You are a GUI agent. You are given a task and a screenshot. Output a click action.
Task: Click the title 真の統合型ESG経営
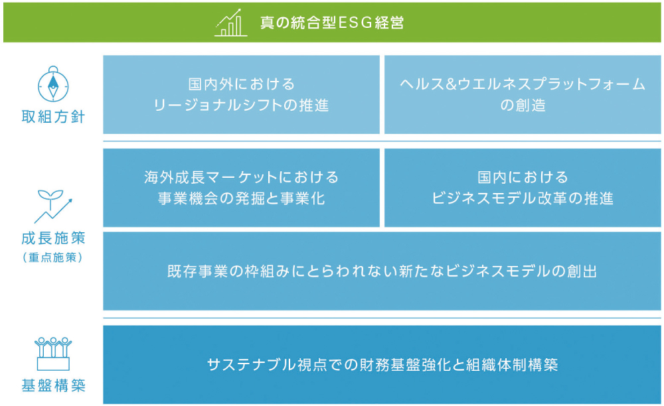pos(332,23)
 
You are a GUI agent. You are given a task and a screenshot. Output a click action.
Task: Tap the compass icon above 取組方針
pos(53,84)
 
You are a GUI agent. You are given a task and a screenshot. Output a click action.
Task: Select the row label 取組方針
pos(53,117)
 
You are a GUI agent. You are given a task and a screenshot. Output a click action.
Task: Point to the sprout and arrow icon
pos(53,206)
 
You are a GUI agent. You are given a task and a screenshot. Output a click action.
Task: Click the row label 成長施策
pos(53,238)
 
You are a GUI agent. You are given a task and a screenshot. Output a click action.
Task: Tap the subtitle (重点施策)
pos(53,257)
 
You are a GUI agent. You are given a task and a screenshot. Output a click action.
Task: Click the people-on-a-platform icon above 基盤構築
pos(53,354)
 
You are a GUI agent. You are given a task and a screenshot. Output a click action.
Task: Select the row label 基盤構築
pos(53,385)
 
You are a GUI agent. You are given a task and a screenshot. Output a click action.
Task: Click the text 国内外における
pos(242,84)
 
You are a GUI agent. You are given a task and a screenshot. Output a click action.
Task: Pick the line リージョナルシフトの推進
pos(241,105)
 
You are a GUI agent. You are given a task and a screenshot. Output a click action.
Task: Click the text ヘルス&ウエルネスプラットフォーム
pos(523,84)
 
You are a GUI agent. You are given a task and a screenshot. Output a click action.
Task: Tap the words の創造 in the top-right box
pos(523,105)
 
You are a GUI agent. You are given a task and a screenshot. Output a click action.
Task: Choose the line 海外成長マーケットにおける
pos(242,177)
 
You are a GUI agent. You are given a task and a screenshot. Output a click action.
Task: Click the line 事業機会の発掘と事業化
pos(242,198)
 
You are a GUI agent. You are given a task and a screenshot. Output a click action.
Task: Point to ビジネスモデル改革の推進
pos(523,198)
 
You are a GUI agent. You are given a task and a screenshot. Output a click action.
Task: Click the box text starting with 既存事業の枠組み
pos(382,271)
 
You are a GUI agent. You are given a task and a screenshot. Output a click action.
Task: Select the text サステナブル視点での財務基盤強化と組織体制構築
pos(382,365)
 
